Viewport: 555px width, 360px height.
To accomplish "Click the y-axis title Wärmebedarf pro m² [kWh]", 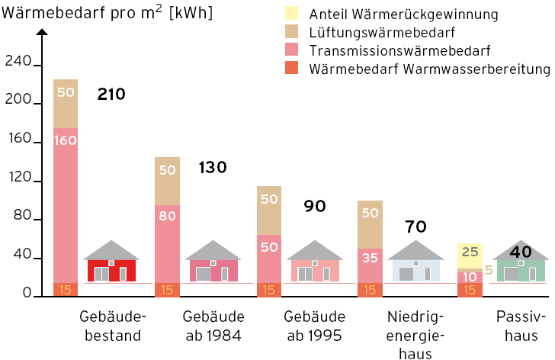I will pyautogui.click(x=107, y=13).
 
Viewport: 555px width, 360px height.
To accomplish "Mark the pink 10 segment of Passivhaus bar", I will pyautogui.click(x=470, y=275).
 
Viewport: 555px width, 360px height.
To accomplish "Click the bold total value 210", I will pyautogui.click(x=111, y=95).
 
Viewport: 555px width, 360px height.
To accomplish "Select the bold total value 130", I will pyautogui.click(x=213, y=168).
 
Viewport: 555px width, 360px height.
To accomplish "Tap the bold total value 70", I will pyautogui.click(x=415, y=227).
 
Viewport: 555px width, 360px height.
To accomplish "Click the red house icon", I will pyautogui.click(x=111, y=262).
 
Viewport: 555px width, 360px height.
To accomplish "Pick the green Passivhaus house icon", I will pyautogui.click(x=521, y=264).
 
